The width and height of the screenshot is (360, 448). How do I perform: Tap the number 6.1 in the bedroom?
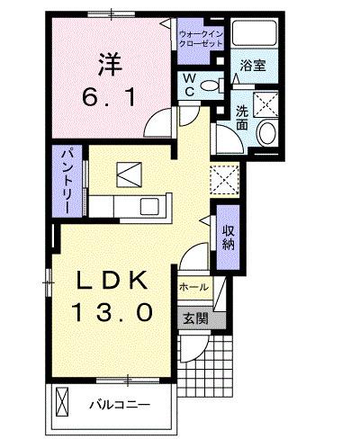(x=111, y=97)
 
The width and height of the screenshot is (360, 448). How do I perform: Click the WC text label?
(x=191, y=85)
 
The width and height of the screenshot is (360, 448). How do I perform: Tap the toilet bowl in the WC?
(x=212, y=86)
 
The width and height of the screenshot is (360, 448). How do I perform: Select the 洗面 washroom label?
(x=243, y=117)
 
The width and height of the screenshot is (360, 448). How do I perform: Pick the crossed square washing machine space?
(x=268, y=105)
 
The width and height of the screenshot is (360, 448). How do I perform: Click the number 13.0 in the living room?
(x=112, y=314)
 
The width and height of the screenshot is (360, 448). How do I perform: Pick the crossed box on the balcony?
(x=63, y=399)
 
